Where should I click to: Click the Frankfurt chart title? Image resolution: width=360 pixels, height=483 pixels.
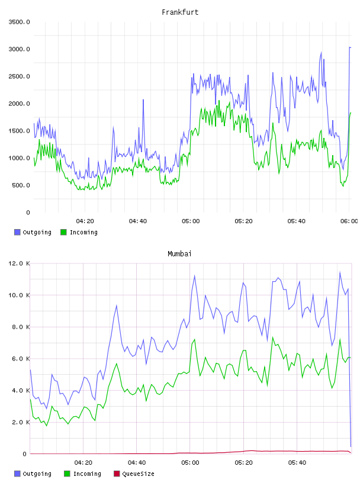tap(180, 12)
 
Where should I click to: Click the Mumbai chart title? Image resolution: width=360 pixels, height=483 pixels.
tap(179, 253)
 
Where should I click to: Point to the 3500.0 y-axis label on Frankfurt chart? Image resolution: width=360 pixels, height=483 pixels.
tap(19, 22)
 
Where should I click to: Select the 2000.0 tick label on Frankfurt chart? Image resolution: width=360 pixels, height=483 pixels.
tap(19, 104)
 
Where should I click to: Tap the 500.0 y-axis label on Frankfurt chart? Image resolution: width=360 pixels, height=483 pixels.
tap(21, 185)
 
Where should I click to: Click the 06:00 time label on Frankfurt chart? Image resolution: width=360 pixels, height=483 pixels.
tap(349, 221)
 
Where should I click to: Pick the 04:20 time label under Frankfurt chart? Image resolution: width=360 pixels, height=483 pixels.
tap(85, 221)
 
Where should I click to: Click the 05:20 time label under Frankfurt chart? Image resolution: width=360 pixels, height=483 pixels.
tap(243, 221)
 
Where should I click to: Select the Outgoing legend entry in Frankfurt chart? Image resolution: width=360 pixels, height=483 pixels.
tap(33, 232)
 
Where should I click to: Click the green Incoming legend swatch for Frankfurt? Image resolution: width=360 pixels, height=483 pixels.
tap(63, 232)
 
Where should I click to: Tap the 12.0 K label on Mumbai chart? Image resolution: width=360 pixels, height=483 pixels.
tap(19, 263)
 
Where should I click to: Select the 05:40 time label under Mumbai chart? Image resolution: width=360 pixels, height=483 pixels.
tap(297, 462)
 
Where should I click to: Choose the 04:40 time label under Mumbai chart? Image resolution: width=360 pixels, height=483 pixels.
tap(137, 462)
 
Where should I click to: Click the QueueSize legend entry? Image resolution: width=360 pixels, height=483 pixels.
tap(134, 474)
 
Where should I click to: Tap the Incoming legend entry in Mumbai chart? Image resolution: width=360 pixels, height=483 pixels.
tap(83, 474)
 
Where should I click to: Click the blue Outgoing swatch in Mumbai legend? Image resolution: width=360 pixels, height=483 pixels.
tap(17, 474)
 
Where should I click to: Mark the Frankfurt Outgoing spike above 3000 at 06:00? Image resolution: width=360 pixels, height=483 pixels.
tap(350, 47)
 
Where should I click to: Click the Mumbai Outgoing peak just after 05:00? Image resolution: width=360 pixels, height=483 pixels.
tap(194, 276)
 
